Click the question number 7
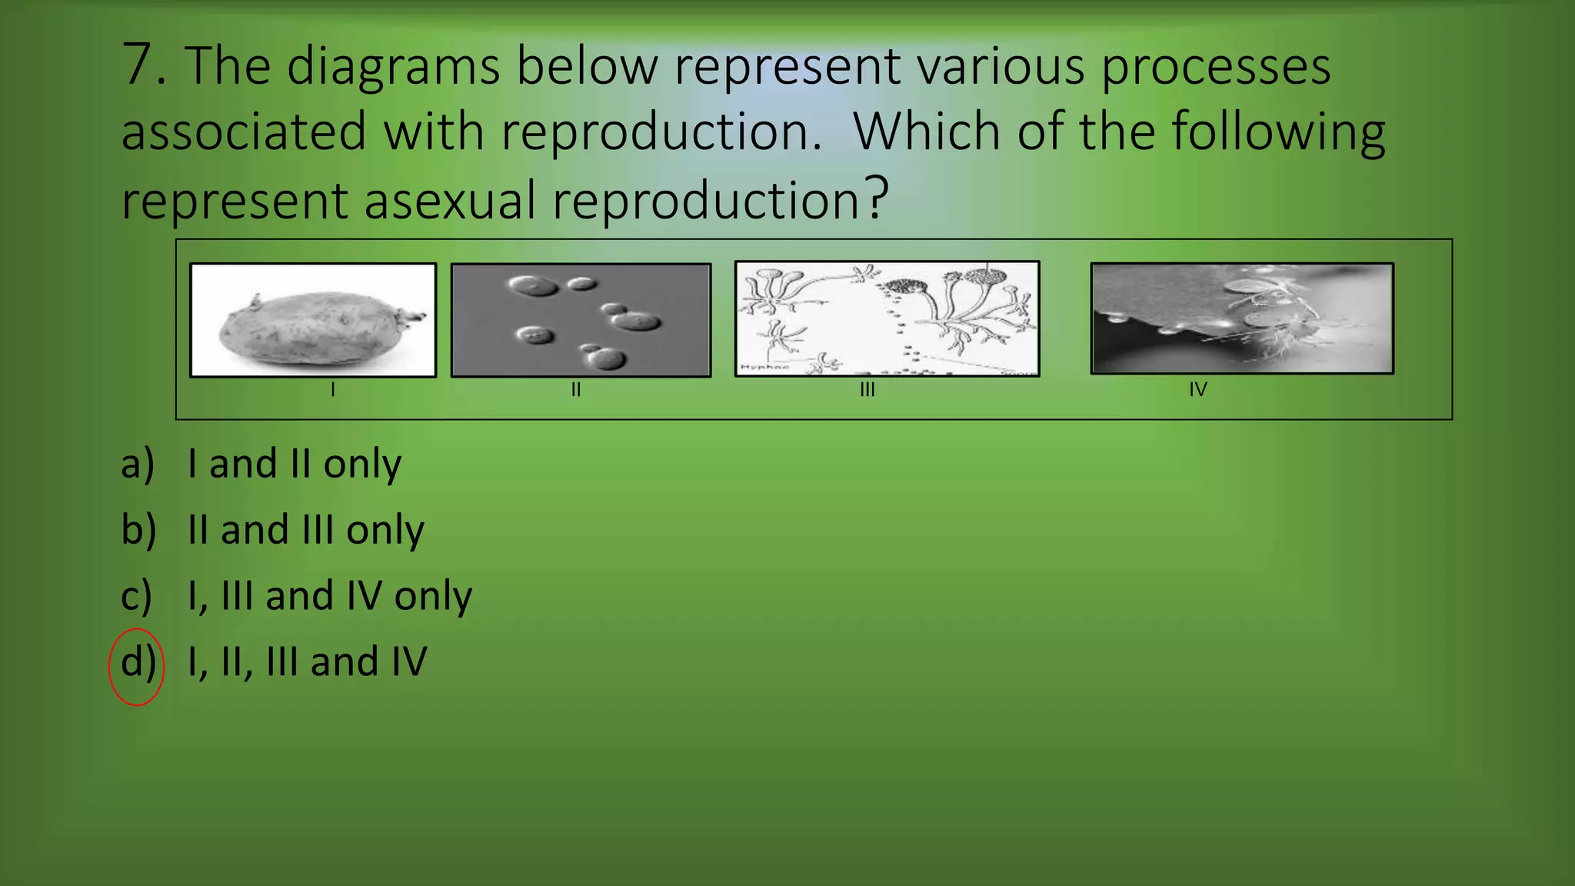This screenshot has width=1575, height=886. point(143,65)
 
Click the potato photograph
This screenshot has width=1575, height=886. point(313,320)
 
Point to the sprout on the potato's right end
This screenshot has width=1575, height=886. point(411,315)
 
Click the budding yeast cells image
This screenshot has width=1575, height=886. point(581,320)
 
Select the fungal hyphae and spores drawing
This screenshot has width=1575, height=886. point(887,318)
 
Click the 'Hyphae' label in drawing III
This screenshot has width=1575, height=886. point(764,368)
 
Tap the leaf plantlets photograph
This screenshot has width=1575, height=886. point(1242,318)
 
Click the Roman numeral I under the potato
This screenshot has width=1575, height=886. point(332,390)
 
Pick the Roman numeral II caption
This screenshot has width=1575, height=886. point(575,390)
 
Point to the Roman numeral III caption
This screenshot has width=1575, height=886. point(867,390)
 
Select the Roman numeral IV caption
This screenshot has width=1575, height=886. point(1197,390)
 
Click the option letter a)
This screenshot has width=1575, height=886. point(138,464)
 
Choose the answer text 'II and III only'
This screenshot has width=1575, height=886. point(305,530)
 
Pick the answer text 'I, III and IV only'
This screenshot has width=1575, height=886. point(329,596)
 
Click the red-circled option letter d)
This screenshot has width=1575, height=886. point(138,663)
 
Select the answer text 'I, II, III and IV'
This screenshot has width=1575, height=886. point(307,662)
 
